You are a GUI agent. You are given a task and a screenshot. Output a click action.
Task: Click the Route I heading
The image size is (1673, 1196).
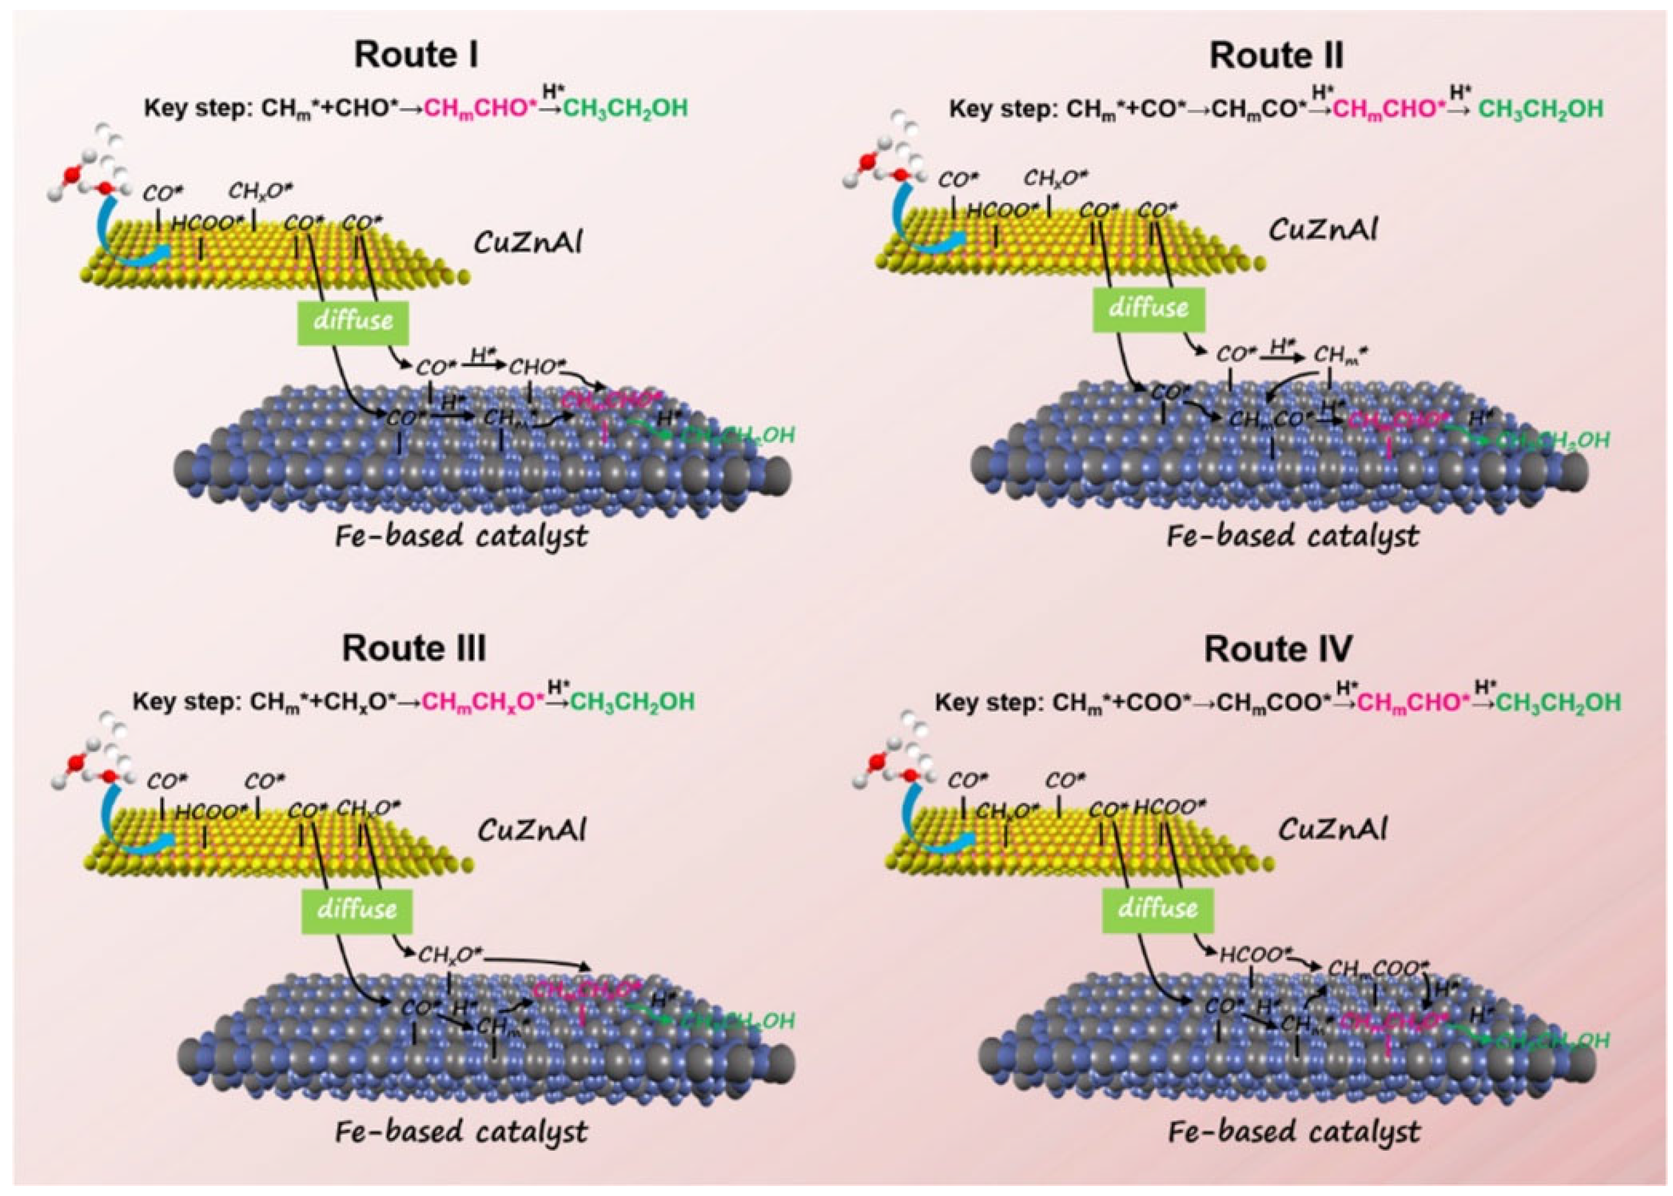(x=416, y=55)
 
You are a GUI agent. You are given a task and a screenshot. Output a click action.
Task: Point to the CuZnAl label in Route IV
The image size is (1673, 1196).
(x=1333, y=830)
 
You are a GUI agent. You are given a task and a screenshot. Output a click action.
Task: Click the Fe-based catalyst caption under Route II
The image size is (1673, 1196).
(x=1293, y=537)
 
